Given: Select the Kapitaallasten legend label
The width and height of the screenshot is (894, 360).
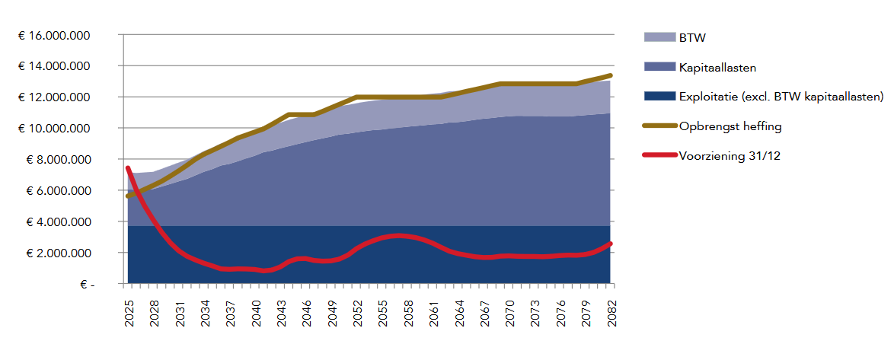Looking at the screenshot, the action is coord(713,67).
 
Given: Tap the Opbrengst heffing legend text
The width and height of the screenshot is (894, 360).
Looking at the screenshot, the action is coord(730,126).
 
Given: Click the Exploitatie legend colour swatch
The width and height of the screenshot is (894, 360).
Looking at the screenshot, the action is coord(660,96).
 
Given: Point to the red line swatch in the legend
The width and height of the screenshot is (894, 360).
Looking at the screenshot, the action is coord(660,155).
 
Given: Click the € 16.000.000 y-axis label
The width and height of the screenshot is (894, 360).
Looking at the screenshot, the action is coord(54,35).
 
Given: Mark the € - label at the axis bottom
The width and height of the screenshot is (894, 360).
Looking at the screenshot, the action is coord(85,284).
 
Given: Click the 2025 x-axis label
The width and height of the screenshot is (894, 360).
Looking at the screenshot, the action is coord(128,311).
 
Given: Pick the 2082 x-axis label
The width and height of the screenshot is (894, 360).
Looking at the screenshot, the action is coord(610,311).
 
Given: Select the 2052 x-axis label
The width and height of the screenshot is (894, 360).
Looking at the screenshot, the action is coord(357,311).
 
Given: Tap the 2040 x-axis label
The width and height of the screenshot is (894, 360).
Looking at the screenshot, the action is coord(255,311).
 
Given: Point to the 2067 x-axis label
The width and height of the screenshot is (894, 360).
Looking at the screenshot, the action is coord(484,311).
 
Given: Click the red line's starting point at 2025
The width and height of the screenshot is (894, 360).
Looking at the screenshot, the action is coord(128,168).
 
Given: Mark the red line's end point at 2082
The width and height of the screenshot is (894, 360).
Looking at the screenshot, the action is coord(610,244).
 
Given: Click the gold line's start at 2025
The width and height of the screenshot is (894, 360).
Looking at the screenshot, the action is coord(128,196).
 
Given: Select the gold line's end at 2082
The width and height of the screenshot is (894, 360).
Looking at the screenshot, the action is coord(610,75).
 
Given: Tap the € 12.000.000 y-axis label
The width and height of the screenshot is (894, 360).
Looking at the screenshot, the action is coord(54,97).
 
